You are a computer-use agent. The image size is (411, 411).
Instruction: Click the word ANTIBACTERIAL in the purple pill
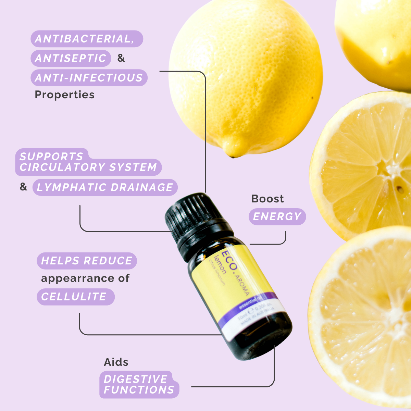84,39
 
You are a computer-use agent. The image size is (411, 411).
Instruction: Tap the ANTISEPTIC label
71,58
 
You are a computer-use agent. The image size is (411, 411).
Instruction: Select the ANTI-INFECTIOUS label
89,78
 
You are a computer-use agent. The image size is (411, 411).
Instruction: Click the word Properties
64,95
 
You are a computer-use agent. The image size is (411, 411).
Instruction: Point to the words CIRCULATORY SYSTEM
88,167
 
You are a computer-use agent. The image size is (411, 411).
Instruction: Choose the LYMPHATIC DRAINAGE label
105,187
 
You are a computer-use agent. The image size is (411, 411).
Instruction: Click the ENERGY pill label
277,216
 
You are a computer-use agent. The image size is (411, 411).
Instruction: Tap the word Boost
267,199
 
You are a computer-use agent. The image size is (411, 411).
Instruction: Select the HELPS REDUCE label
86,261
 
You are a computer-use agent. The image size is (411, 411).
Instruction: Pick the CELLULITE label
74,297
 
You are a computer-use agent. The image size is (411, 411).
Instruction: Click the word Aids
116,362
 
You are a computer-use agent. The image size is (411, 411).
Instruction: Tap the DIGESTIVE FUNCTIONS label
139,384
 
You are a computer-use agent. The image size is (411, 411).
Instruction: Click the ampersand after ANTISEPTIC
121,58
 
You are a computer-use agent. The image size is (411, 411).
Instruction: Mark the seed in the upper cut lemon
399,188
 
